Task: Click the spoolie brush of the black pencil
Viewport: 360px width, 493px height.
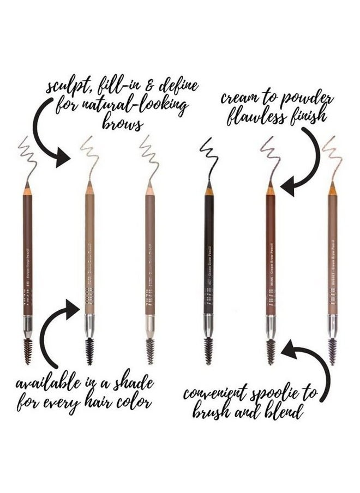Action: [208, 351]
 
